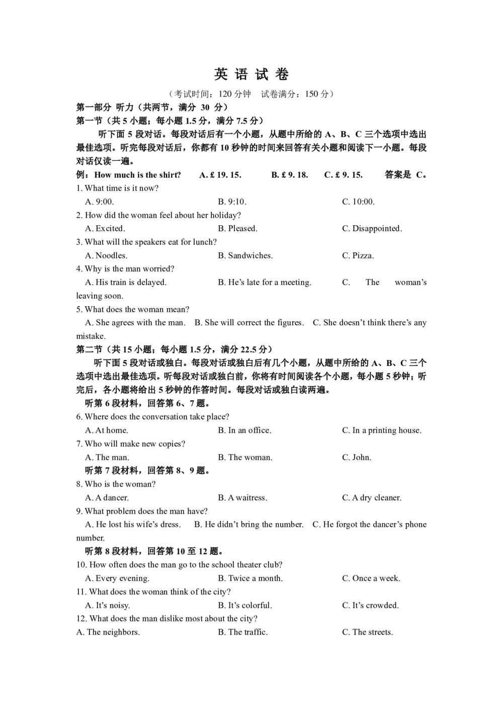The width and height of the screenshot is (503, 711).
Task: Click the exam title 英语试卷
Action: click(x=251, y=75)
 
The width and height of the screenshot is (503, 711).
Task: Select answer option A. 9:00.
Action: click(x=100, y=202)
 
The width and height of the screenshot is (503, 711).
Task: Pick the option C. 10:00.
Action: click(x=358, y=202)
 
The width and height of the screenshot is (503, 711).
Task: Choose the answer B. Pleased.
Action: click(x=237, y=228)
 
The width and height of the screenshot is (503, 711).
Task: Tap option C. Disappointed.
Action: click(x=372, y=228)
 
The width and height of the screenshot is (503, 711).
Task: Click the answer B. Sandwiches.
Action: click(x=245, y=255)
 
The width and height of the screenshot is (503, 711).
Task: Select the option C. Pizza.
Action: click(x=358, y=255)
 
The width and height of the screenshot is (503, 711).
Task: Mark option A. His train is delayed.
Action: click(x=126, y=282)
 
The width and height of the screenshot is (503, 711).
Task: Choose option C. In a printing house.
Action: click(x=382, y=430)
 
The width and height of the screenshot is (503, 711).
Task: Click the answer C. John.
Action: click(x=357, y=457)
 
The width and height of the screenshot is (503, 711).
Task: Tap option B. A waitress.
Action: click(x=242, y=497)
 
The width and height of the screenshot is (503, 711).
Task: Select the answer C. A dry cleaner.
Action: click(x=372, y=497)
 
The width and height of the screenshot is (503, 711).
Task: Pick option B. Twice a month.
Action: click(x=250, y=578)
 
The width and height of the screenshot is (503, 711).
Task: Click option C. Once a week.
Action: click(x=371, y=578)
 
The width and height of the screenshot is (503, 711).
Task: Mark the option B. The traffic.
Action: click(x=242, y=632)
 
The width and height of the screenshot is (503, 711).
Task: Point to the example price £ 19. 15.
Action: click(x=220, y=175)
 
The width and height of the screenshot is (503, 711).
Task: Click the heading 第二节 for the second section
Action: click(x=89, y=349)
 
